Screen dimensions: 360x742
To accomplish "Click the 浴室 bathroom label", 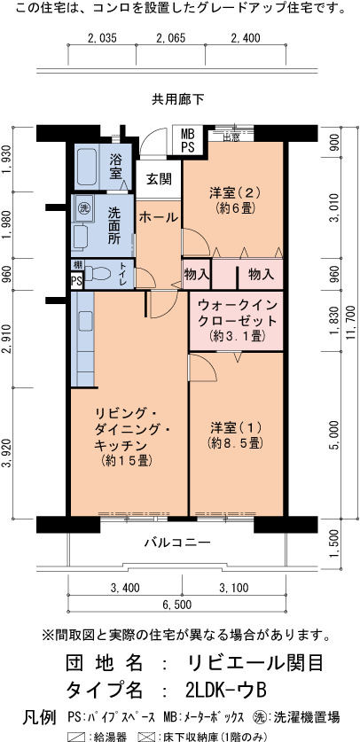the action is [x=115, y=166].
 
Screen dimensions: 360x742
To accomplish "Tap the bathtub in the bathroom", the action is [x=87, y=167].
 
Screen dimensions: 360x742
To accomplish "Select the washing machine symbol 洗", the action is [x=83, y=207].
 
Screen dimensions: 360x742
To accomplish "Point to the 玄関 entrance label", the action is [x=159, y=179].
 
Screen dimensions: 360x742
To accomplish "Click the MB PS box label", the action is [x=187, y=139].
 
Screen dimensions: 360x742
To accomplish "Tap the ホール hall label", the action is [x=159, y=218].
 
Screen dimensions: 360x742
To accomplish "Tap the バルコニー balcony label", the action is [x=177, y=543].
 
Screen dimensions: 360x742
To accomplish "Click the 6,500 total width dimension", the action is [x=177, y=605].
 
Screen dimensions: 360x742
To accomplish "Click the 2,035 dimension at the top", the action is [x=102, y=38].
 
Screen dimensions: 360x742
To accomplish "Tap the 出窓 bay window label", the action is [x=231, y=137].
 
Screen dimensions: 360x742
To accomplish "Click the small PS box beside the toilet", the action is [x=76, y=281].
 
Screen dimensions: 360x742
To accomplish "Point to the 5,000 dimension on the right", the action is [x=334, y=435].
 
